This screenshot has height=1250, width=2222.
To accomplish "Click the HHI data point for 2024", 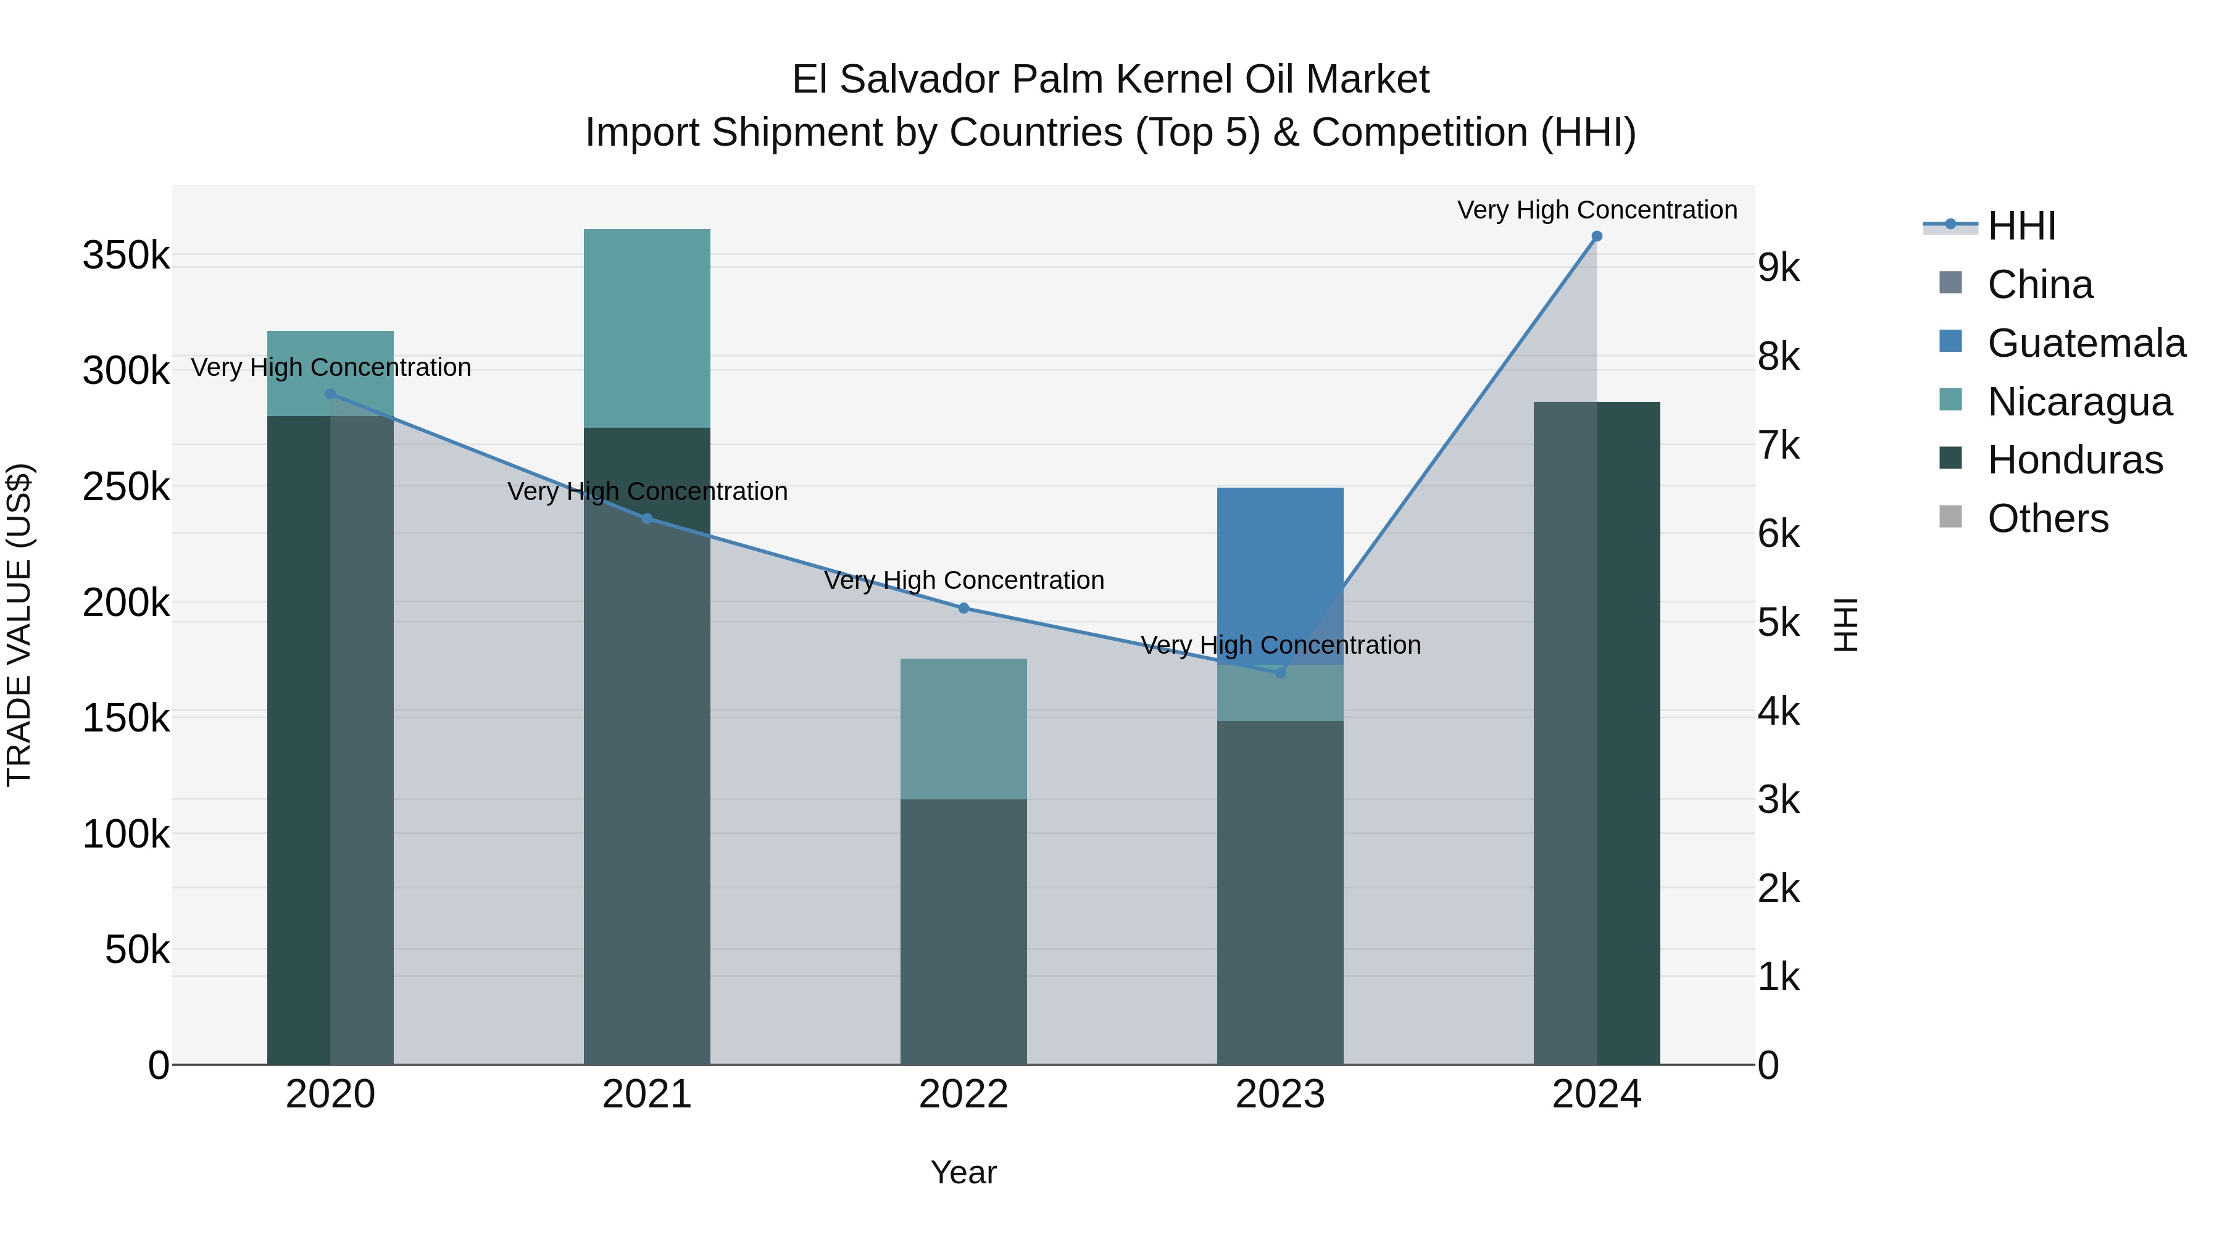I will tap(1597, 236).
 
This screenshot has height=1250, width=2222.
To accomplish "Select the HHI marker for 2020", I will tap(330, 394).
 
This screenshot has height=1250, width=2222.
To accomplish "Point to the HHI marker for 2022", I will tap(963, 608).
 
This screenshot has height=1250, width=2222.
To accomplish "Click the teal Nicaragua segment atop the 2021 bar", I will tap(647, 328).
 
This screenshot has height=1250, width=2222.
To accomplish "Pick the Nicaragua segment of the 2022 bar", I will tap(963, 729).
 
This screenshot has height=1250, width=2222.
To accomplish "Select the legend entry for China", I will tap(2039, 285).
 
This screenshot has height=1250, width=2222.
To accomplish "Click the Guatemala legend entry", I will tap(2086, 343).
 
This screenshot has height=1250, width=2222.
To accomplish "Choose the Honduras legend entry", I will tap(2074, 460).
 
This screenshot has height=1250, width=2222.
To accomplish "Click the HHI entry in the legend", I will tap(2021, 226).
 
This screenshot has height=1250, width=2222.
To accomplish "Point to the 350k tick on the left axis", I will tap(126, 256).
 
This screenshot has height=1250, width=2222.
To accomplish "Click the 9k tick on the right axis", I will tap(1779, 269).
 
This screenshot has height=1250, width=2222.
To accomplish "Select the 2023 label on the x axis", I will tap(1280, 1094).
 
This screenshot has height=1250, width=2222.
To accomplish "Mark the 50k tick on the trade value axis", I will tap(137, 950).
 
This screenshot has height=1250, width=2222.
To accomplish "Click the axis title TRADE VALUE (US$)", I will tap(19, 625).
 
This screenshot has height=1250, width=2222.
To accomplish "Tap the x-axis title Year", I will tap(963, 1172).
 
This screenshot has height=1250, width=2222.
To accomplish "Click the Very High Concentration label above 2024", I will tap(1597, 210).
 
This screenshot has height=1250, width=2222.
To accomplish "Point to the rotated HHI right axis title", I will tap(1845, 625).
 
